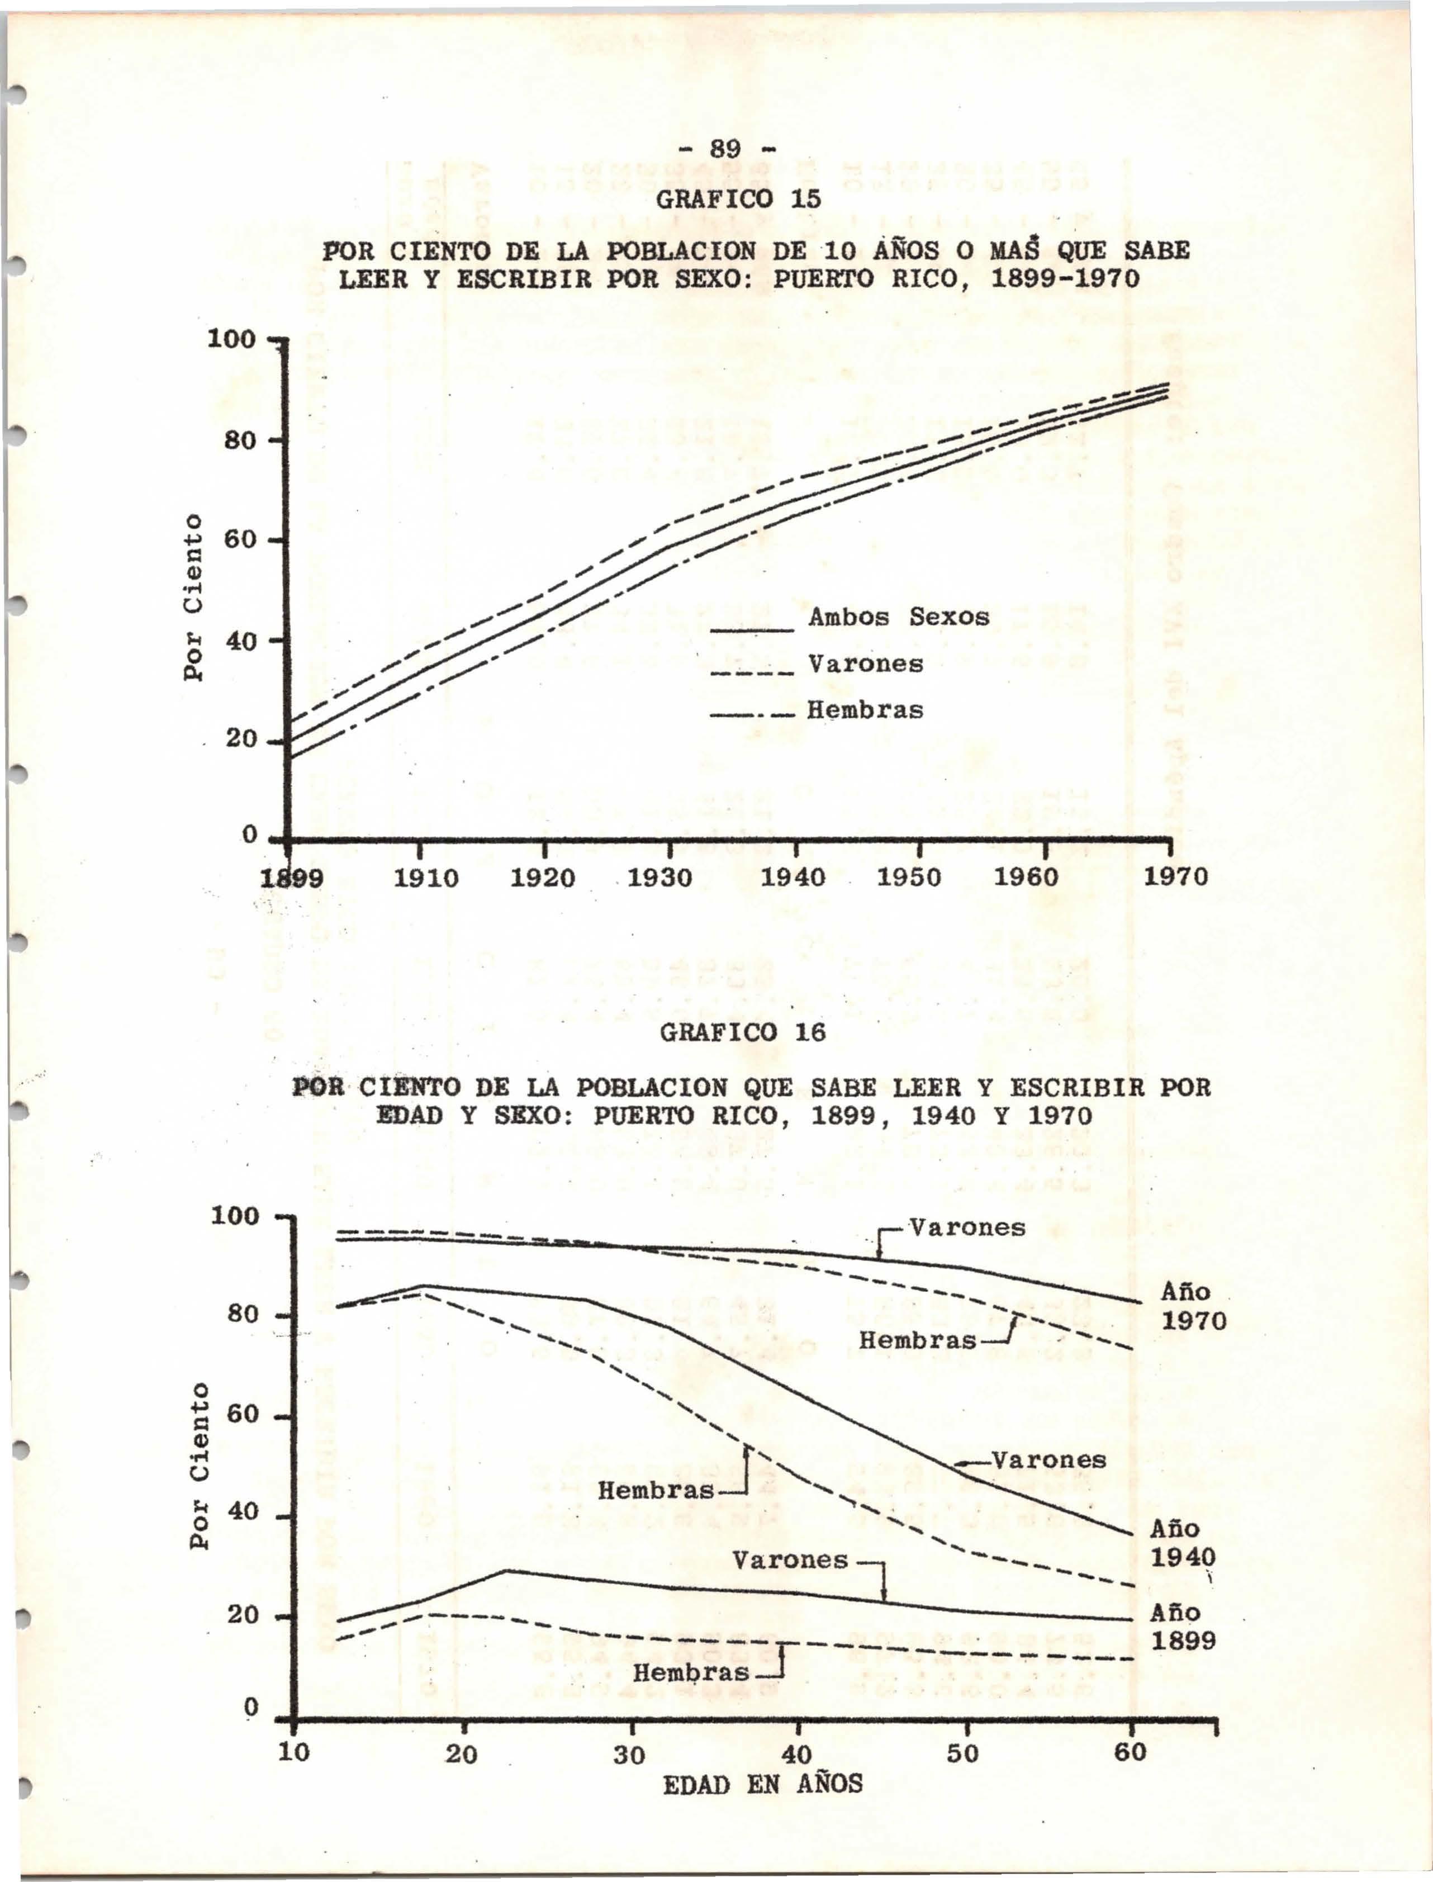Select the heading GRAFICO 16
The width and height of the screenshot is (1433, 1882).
[743, 1033]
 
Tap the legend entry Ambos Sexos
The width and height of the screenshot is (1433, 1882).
[898, 617]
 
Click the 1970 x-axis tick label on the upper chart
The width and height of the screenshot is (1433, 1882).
[1175, 877]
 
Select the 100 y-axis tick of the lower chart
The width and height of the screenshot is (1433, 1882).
[235, 1216]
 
